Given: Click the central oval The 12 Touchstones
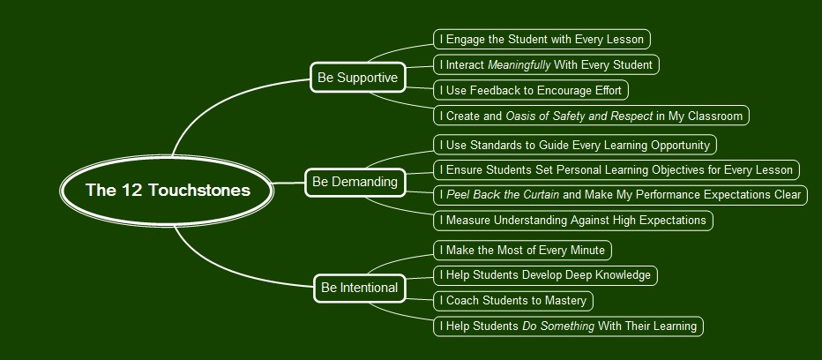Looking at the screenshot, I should pyautogui.click(x=168, y=191).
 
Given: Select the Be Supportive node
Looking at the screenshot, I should pyautogui.click(x=357, y=78).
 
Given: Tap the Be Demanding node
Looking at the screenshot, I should pyautogui.click(x=355, y=182).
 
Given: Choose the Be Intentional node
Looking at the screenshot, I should pyautogui.click(x=359, y=288).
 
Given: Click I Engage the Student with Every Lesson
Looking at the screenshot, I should pyautogui.click(x=542, y=39).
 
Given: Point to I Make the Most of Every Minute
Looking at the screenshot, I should pyautogui.click(x=522, y=251).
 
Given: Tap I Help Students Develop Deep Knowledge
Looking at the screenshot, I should pyautogui.click(x=545, y=275).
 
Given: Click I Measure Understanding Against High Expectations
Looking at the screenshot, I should pyautogui.click(x=572, y=220).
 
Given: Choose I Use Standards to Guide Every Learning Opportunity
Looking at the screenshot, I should pyautogui.click(x=574, y=145).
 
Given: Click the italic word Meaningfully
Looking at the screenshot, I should pyautogui.click(x=519, y=64).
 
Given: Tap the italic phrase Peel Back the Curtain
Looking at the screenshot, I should pyautogui.click(x=503, y=194).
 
